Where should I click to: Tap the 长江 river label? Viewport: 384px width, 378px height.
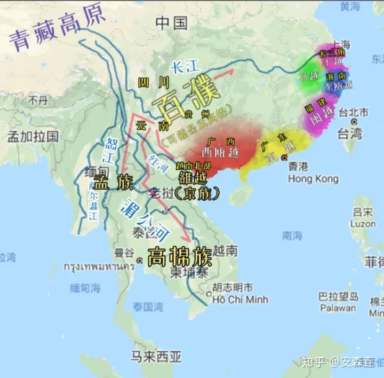pos(185,67)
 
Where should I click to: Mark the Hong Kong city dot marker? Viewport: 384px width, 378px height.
pos(285,158)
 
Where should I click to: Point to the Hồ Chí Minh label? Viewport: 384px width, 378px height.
pos(241,299)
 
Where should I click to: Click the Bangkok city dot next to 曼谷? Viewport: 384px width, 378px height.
pos(140,260)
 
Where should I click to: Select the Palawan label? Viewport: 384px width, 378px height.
pos(337,308)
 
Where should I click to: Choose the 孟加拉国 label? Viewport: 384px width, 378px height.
pos(33,136)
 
